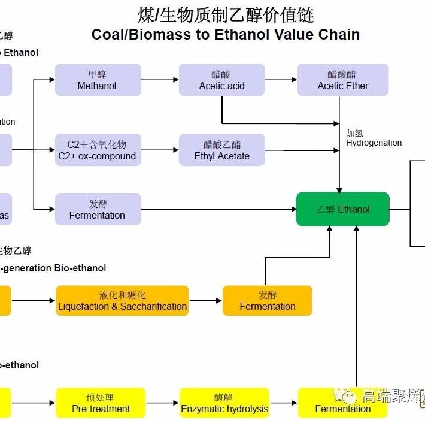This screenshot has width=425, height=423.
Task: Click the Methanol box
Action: click(98, 80)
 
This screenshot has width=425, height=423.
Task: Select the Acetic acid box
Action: click(221, 80)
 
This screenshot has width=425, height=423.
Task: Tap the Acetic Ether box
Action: click(343, 80)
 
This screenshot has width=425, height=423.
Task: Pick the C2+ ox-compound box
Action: click(98, 150)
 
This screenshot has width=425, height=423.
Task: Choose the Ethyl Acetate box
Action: click(221, 150)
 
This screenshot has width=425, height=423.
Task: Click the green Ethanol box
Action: click(343, 209)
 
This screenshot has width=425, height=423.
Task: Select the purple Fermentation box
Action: click(98, 209)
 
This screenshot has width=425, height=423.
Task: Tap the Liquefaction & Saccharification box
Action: click(122, 301)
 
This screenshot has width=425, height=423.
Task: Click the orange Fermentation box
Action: click(268, 301)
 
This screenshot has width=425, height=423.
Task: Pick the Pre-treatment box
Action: click(101, 403)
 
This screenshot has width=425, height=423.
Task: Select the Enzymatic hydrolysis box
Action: click(224, 403)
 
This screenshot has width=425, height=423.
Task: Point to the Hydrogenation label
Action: click(374, 138)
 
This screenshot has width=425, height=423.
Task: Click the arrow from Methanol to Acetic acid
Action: click(160, 80)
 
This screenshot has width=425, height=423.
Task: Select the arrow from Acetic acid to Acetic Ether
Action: click(281, 80)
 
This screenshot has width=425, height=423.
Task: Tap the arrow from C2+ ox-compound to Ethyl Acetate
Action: click(160, 150)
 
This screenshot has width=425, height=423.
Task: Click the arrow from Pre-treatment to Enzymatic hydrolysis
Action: click(162, 403)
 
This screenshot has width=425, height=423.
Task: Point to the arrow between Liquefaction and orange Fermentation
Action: click(205, 301)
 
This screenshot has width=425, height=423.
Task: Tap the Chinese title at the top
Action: click(225, 14)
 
